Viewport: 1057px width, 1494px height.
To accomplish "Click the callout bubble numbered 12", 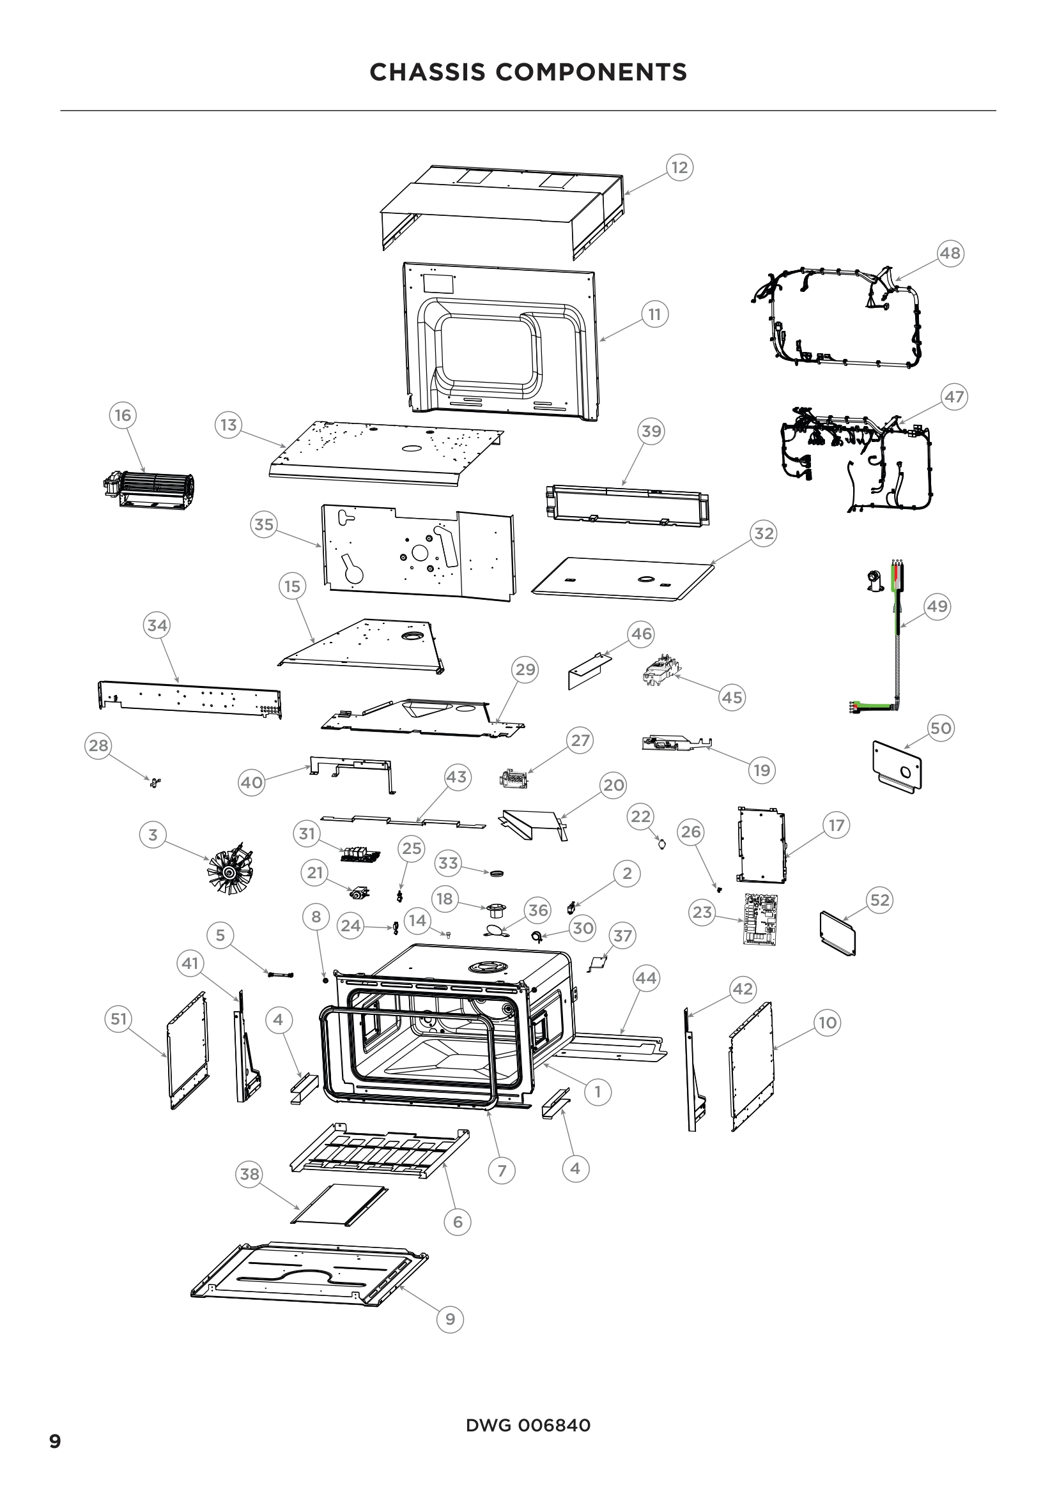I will pos(679,168).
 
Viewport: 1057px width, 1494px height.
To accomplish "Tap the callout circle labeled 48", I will pos(950,253).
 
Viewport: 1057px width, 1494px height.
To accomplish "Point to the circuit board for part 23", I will pos(761,919).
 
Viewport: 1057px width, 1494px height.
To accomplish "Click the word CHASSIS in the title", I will pos(427,72).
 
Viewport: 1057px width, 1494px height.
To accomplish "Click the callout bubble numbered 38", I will pos(250,1174).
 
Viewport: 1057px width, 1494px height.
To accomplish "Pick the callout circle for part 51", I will pos(118,1018).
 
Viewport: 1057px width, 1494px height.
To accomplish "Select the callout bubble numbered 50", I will pos(941,728).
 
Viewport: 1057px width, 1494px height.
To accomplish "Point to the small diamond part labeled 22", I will pos(663,844).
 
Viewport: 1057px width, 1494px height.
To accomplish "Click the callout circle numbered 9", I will pos(451,1320).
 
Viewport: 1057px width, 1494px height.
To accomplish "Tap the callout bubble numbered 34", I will pos(157,625).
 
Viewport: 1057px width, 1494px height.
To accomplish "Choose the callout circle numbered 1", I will pos(598,1091).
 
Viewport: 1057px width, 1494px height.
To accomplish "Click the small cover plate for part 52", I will pos(837,933).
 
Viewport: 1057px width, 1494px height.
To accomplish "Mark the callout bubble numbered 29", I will pos(525,669).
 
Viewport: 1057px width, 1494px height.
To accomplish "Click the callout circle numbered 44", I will pos(645,978).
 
